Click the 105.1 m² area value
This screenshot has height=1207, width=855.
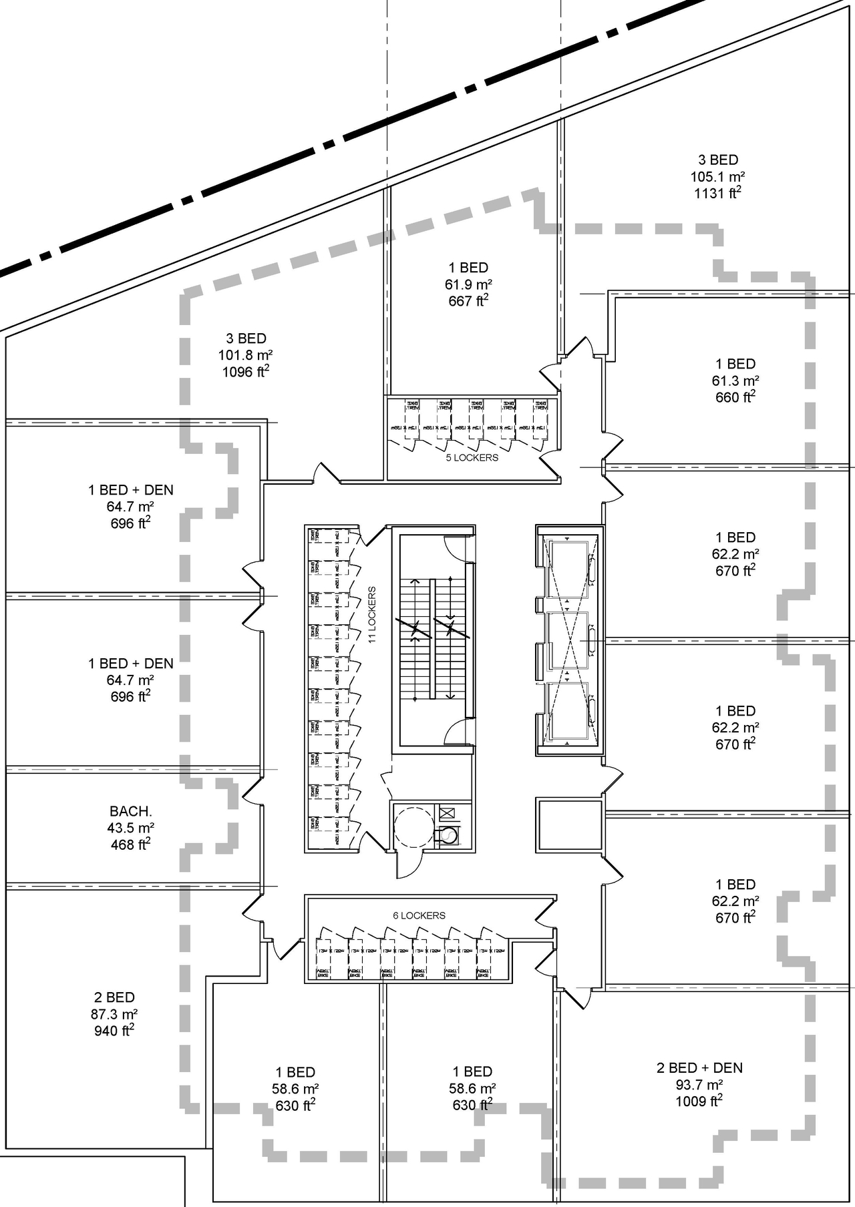717,177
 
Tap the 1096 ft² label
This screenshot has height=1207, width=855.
246,372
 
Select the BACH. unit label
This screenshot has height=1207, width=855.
131,811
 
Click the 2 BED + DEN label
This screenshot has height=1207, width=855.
699,1067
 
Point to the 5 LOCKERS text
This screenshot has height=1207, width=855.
472,457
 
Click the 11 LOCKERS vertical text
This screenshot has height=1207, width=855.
372,615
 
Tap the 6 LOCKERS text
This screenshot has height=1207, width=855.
419,915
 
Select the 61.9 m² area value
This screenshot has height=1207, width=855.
468,284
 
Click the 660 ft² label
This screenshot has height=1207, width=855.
735,397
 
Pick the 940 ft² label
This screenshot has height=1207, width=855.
114,1031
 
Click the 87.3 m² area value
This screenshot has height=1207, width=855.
114,1014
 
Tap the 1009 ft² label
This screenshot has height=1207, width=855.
699,1101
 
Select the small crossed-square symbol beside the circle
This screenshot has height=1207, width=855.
447,813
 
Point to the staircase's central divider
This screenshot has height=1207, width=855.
433,639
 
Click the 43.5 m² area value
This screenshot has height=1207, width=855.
131,828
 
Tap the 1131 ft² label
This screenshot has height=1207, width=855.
717,194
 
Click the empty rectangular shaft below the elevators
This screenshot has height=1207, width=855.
569,825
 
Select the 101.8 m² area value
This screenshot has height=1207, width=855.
245,355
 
